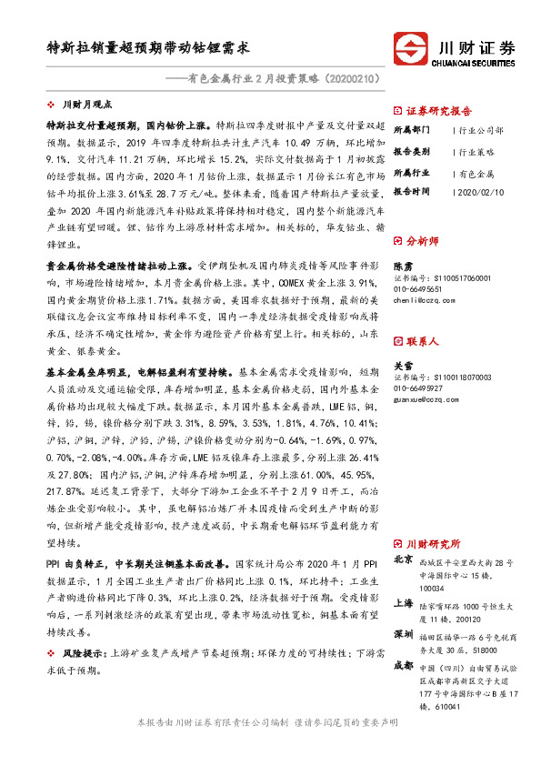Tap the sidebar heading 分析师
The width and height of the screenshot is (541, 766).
pos(423,242)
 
